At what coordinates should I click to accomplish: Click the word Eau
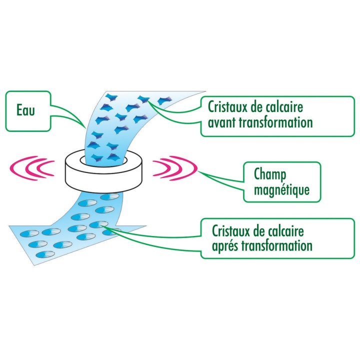click(x=25, y=110)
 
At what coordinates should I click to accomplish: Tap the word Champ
click(x=270, y=175)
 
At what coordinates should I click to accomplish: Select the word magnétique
click(x=281, y=190)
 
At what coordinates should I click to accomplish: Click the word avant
click(x=222, y=123)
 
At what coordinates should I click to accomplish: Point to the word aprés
click(x=225, y=246)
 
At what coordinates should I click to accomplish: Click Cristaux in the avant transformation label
click(x=227, y=107)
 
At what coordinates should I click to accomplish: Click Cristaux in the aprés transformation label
click(x=231, y=231)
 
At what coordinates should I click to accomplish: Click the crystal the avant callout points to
click(x=143, y=99)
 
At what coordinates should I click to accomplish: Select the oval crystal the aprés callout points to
click(x=98, y=224)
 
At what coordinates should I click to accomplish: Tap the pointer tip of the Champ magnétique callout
click(x=198, y=171)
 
